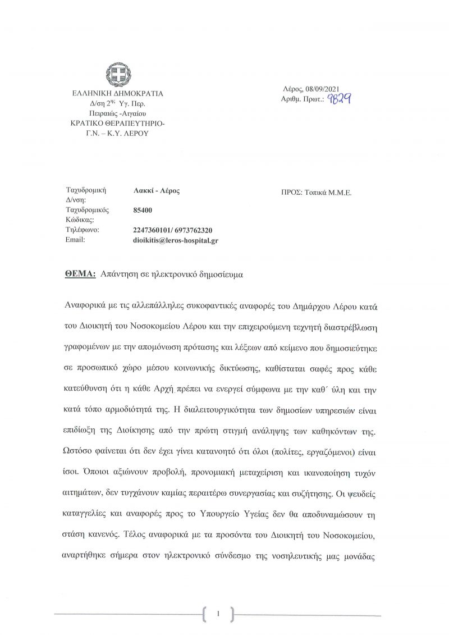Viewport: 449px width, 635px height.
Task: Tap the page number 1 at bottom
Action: pyautogui.click(x=218, y=614)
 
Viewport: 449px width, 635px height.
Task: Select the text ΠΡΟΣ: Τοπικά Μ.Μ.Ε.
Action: pyautogui.click(x=316, y=191)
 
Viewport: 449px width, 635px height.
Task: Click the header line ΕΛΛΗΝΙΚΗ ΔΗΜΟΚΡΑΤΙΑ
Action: pyautogui.click(x=117, y=94)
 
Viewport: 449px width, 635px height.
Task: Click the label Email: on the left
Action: pyautogui.click(x=75, y=240)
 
